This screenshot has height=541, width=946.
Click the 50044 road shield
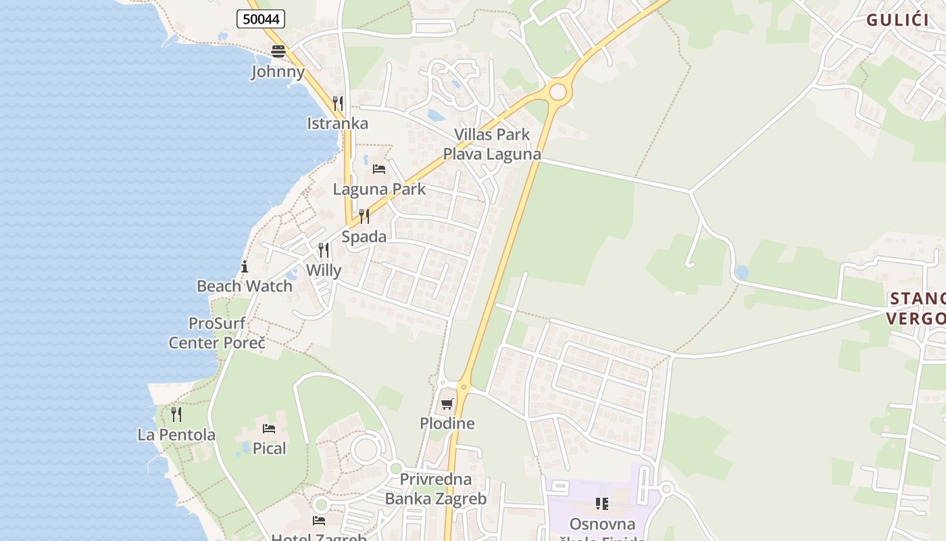click(261, 20)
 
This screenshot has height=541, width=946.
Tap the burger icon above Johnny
click(278, 51)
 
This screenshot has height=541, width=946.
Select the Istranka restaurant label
click(337, 123)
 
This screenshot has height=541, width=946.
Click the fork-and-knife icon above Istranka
click(338, 103)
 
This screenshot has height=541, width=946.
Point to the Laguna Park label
click(379, 189)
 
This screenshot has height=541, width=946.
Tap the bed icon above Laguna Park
click(379, 168)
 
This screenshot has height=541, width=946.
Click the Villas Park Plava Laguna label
click(491, 144)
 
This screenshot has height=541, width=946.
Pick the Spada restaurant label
click(364, 237)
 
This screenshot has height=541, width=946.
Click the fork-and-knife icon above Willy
click(324, 250)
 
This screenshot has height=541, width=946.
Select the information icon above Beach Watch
click(245, 266)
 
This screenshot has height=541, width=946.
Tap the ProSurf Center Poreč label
click(217, 333)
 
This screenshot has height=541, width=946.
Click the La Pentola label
click(176, 435)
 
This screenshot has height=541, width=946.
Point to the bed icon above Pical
click(269, 428)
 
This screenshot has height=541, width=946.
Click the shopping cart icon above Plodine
click(447, 404)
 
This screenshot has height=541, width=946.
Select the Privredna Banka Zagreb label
click(436, 490)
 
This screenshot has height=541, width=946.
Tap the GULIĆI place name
click(897, 20)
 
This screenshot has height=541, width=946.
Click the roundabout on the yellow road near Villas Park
click(557, 91)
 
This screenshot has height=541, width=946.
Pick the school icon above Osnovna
click(601, 503)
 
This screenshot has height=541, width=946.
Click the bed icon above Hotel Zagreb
click(319, 520)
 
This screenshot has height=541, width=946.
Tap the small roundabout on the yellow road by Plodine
click(463, 387)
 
